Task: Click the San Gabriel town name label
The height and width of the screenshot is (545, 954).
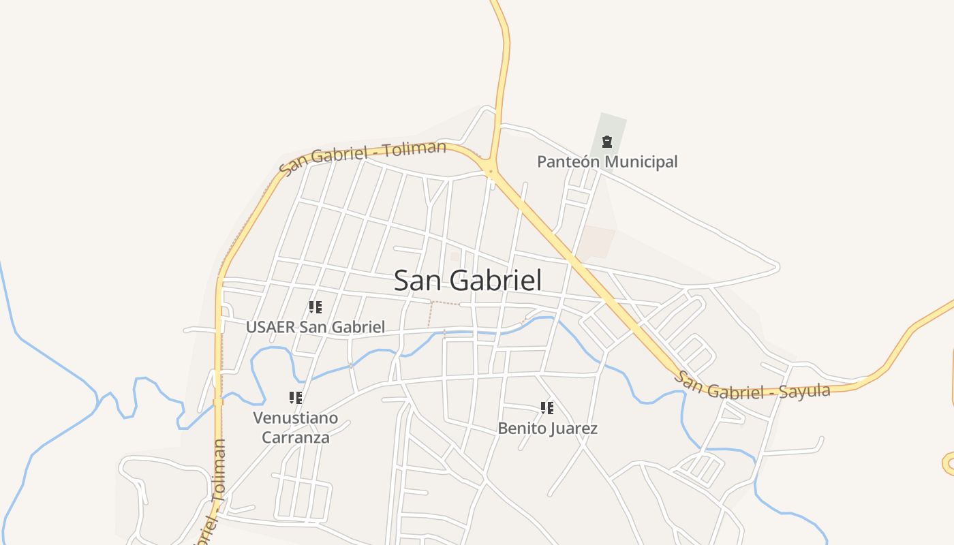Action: pyautogui.click(x=468, y=281)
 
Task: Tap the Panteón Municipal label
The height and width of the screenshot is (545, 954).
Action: pyautogui.click(x=607, y=162)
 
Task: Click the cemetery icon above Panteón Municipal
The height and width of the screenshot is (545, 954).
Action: pyautogui.click(x=606, y=142)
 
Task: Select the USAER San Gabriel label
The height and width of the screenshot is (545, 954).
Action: pyautogui.click(x=316, y=327)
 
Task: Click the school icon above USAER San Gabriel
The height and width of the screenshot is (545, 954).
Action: pyautogui.click(x=315, y=307)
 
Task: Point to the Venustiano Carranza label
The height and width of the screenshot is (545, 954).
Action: pyautogui.click(x=296, y=427)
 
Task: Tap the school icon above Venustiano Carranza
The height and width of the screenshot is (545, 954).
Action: pyautogui.click(x=295, y=397)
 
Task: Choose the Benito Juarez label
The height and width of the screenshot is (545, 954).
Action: pyautogui.click(x=548, y=429)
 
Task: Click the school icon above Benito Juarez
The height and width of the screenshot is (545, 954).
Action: pyautogui.click(x=547, y=408)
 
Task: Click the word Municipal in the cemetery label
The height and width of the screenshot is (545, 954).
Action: pyautogui.click(x=641, y=162)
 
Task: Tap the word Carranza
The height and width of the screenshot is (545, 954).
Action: pyautogui.click(x=296, y=437)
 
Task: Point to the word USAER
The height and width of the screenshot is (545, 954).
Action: pyautogui.click(x=271, y=327)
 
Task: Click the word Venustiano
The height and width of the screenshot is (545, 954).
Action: pyautogui.click(x=296, y=417)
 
